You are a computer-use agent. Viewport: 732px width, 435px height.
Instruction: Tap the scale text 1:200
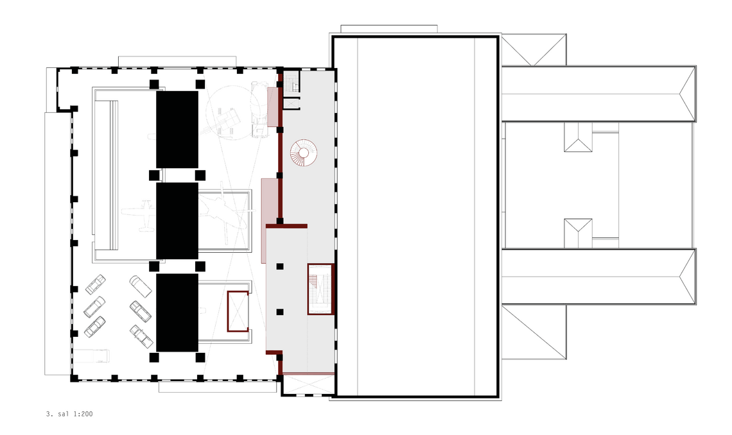pyautogui.click(x=83, y=414)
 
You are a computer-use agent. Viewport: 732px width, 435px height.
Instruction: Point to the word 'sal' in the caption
pyautogui.click(x=64, y=414)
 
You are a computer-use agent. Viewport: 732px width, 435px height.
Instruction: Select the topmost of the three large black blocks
pyautogui.click(x=177, y=129)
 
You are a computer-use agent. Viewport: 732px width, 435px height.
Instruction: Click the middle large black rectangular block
pyautogui.click(x=177, y=221)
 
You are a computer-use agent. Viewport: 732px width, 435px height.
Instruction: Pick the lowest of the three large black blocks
pyautogui.click(x=177, y=312)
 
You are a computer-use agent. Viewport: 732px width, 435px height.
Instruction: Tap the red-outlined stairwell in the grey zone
pyautogui.click(x=320, y=289)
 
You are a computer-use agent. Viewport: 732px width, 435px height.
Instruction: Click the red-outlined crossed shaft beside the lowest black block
pyautogui.click(x=238, y=311)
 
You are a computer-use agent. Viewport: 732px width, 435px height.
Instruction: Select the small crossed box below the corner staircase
pyautogui.click(x=292, y=103)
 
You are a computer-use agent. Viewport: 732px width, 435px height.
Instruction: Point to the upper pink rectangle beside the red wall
pyautogui.click(x=273, y=107)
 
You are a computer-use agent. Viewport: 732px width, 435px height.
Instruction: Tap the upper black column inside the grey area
pyautogui.click(x=279, y=267)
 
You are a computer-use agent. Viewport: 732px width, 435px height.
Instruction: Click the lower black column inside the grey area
pyautogui.click(x=279, y=312)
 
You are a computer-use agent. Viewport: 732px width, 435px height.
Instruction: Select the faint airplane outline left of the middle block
pyautogui.click(x=139, y=214)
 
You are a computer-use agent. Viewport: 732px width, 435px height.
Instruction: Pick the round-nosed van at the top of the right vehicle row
pyautogui.click(x=141, y=286)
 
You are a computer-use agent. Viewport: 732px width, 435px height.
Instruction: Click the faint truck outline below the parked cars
pyautogui.click(x=91, y=355)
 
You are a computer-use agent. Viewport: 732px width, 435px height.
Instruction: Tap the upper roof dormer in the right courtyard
pyautogui.click(x=578, y=137)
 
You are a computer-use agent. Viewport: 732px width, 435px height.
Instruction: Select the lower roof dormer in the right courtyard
pyautogui.click(x=578, y=233)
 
